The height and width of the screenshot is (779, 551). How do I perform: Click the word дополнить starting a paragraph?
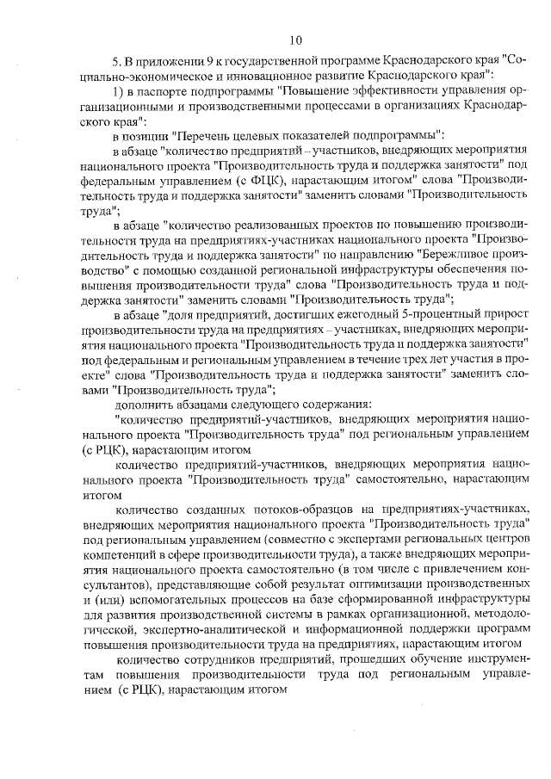click(139, 403)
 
